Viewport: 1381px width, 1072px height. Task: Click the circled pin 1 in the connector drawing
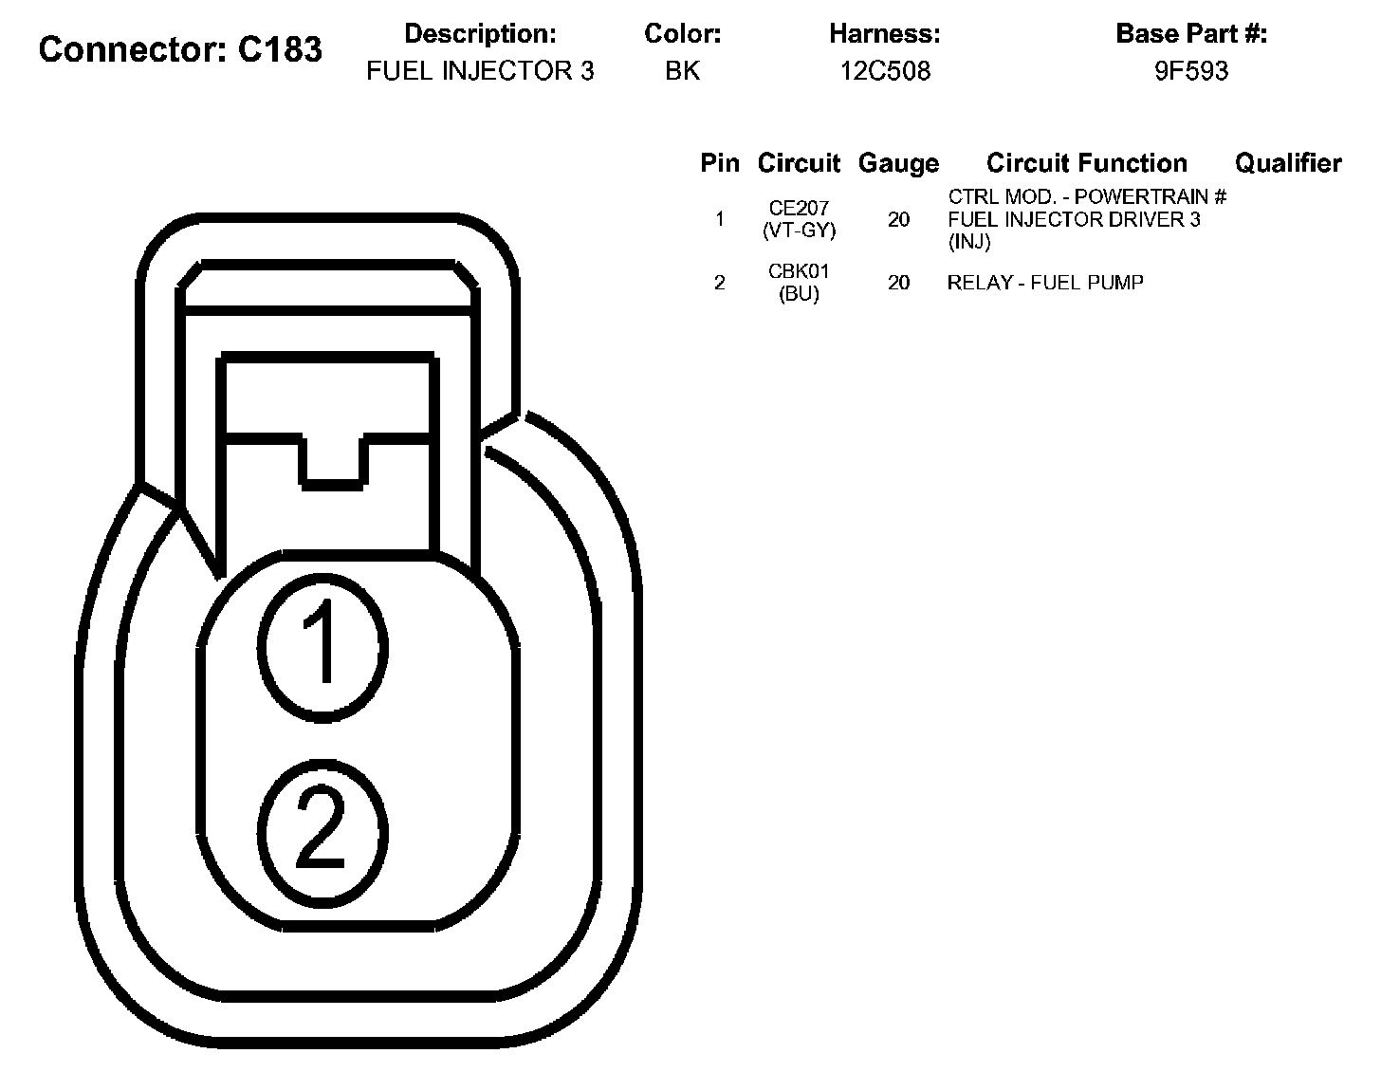click(x=322, y=648)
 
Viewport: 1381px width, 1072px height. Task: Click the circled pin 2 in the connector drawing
click(x=322, y=832)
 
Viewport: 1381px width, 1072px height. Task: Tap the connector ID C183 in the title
click(x=280, y=49)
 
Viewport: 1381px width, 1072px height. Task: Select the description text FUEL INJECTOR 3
click(x=480, y=70)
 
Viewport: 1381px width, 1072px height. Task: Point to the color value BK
click(x=683, y=70)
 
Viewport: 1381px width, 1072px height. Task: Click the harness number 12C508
click(x=885, y=70)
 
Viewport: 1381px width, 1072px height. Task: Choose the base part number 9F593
click(x=1191, y=70)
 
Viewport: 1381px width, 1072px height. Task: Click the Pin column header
click(x=719, y=162)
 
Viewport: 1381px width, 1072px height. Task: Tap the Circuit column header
click(x=799, y=162)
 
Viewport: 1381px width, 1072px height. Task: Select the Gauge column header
click(x=898, y=163)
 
